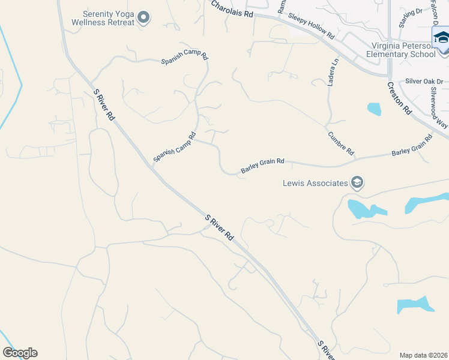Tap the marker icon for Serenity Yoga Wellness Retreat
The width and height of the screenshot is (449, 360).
(x=143, y=17)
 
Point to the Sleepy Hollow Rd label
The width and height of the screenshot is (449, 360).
(x=310, y=27)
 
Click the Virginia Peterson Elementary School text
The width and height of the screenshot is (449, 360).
(x=403, y=50)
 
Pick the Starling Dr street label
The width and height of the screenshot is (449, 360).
(x=411, y=19)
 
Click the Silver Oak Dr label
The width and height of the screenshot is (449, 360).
(x=424, y=81)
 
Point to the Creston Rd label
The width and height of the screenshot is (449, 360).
(x=399, y=98)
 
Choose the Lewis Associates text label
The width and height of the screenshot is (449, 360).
(x=315, y=183)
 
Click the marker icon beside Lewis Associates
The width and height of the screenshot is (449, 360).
(x=357, y=182)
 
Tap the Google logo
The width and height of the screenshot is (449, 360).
(x=20, y=353)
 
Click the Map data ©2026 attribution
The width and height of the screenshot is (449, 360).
(x=423, y=355)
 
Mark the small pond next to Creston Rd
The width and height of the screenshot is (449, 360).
(x=374, y=109)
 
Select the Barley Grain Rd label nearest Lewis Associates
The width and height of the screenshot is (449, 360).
(x=262, y=166)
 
